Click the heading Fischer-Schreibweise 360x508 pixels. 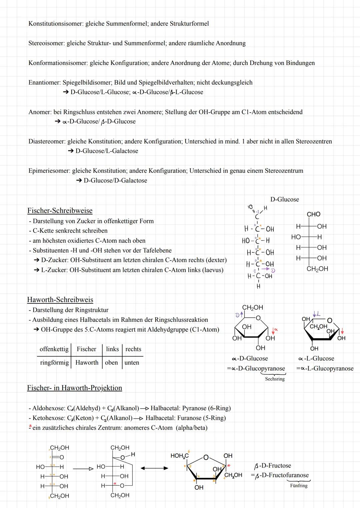coord(60,211)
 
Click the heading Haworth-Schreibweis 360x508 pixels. coord(60,299)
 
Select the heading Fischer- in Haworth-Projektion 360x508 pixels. coord(74,388)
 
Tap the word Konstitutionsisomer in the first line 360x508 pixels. coord(55,24)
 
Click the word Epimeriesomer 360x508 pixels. coord(49,171)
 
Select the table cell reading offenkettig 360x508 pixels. coord(54,349)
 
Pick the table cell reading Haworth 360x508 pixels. coord(87,362)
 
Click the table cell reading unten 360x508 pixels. coord(132,362)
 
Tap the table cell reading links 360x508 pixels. coord(112,349)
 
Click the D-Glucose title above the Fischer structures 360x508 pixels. coord(284,200)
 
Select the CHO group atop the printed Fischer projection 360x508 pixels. coord(313,214)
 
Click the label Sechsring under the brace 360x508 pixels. coord(275,379)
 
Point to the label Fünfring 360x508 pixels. coord(299,486)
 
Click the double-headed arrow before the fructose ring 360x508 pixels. coord(154,468)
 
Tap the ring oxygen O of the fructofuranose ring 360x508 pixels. coord(206,457)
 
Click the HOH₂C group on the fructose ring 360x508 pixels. coord(179,456)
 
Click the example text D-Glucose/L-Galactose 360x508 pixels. coord(107,151)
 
